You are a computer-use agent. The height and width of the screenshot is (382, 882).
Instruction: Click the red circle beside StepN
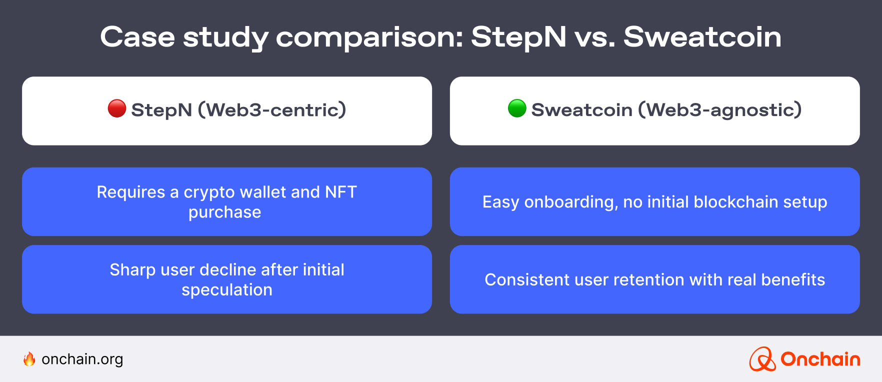pyautogui.click(x=117, y=108)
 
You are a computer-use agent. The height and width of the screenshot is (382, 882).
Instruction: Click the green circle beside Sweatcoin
pyautogui.click(x=517, y=108)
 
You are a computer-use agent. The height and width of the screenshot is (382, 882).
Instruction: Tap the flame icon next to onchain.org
pyautogui.click(x=29, y=359)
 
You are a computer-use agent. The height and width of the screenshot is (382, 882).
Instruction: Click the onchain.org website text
pyautogui.click(x=82, y=359)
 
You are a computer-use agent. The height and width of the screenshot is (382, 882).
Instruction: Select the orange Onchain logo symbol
pyautogui.click(x=762, y=359)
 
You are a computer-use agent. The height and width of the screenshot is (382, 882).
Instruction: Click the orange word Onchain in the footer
pyautogui.click(x=820, y=359)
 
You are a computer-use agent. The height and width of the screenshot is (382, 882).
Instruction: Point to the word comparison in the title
pyautogui.click(x=369, y=37)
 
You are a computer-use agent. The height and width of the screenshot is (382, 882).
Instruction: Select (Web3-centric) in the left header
pyautogui.click(x=272, y=109)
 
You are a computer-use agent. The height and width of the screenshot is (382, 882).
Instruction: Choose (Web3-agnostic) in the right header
pyautogui.click(x=720, y=109)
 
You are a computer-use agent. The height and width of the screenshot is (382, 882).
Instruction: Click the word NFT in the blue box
pyautogui.click(x=341, y=192)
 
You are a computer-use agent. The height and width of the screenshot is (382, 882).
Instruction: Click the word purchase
pyautogui.click(x=224, y=212)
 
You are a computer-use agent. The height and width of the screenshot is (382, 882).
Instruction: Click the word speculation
pyautogui.click(x=227, y=290)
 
